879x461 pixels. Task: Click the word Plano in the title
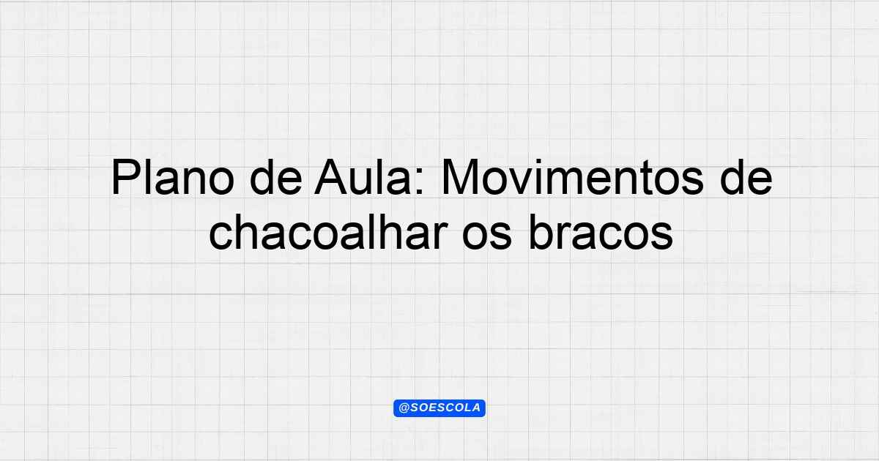point(173,177)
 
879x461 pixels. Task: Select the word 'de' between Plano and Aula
point(276,177)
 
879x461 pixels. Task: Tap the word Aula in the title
point(368,177)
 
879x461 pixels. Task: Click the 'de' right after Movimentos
point(746,177)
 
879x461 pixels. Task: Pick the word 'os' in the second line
point(487,236)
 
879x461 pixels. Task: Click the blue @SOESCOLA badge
point(439,408)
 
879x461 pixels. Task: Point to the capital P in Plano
point(125,177)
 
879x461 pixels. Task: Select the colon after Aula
point(420,182)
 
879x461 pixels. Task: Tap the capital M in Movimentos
point(459,177)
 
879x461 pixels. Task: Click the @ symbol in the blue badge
point(404,408)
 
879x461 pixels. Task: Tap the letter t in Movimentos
point(648,179)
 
